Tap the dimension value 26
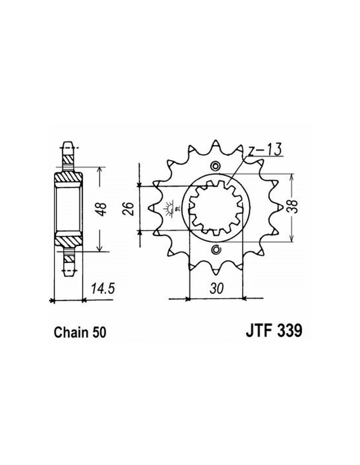tap(128, 208)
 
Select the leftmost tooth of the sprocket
tap(153, 207)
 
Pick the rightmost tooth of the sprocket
tap(279, 207)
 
